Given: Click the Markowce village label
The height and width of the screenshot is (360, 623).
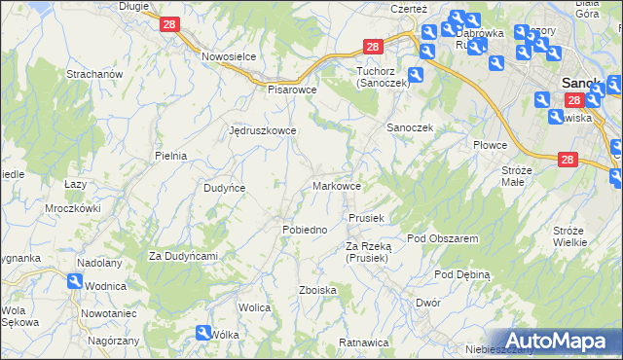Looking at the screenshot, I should [x=338, y=186].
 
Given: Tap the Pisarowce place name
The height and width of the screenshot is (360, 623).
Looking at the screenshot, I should [x=294, y=89].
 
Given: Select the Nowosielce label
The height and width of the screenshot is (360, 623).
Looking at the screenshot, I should [x=229, y=56].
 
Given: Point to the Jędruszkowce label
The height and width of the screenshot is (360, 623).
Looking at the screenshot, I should [x=262, y=129].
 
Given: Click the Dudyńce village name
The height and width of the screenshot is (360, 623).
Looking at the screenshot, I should [x=224, y=188].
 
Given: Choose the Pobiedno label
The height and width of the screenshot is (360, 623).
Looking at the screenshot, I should [x=304, y=229].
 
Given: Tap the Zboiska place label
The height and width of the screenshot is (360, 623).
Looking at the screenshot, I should [x=318, y=290].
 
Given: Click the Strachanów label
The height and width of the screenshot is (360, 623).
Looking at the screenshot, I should [x=93, y=74].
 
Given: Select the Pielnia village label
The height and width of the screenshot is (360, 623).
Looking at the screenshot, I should [x=170, y=155].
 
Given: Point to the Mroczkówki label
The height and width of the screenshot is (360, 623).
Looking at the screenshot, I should [x=73, y=208].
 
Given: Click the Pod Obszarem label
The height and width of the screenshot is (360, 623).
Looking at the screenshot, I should [x=442, y=238].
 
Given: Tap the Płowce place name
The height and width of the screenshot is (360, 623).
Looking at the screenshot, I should [x=491, y=145].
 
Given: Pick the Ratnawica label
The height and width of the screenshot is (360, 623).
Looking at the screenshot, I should [x=364, y=342].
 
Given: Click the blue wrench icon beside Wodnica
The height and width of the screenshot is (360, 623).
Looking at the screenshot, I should [x=75, y=281].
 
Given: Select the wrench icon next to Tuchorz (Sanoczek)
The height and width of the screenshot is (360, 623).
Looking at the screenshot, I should [x=416, y=74].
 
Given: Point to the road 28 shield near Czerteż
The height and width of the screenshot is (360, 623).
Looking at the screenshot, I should [x=373, y=46].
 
